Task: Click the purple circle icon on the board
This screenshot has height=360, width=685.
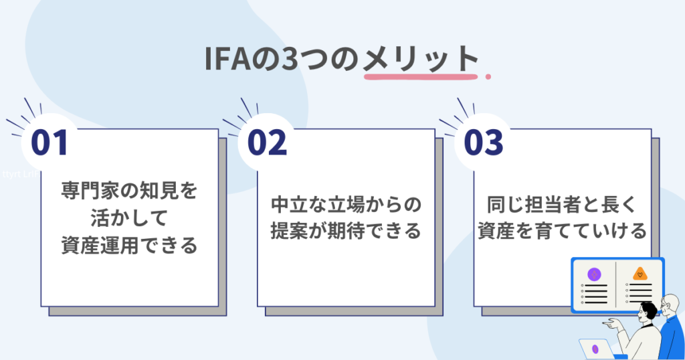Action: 593,274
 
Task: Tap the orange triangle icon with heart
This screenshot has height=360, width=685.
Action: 640,274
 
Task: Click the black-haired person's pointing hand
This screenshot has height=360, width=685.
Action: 608,324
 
